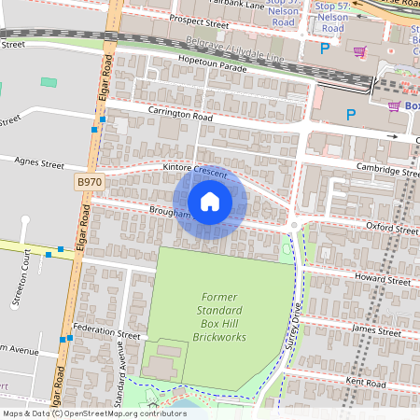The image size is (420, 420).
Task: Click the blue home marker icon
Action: point(210,201)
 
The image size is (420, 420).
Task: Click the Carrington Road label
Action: point(180,115)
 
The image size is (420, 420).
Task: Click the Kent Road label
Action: point(365,383)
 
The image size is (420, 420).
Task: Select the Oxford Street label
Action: point(391,227)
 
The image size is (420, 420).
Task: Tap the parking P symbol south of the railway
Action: point(351,115)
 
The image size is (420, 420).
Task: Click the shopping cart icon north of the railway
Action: point(358,51)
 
